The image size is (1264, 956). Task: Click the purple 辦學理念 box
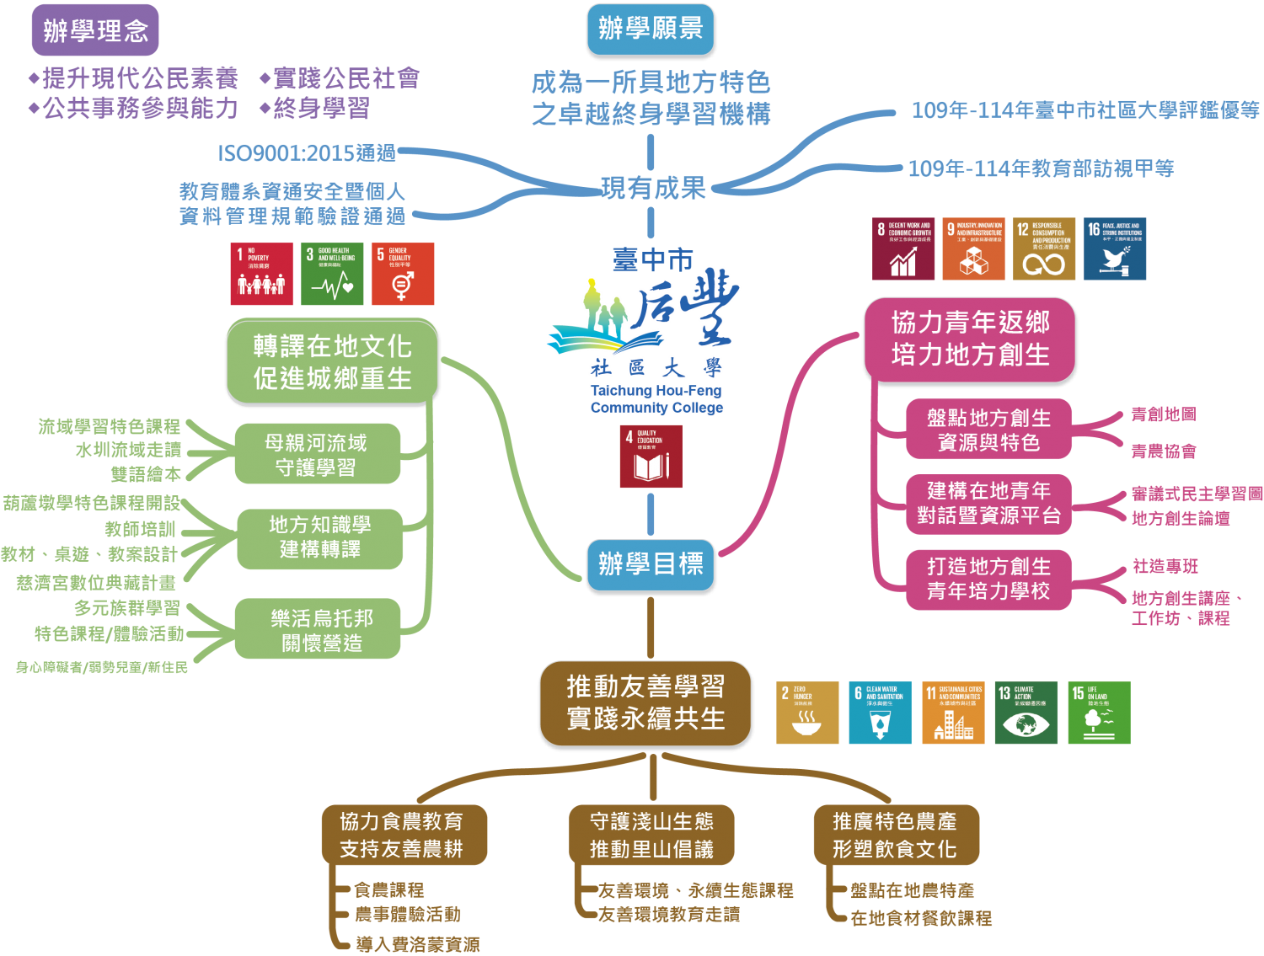[x=95, y=30]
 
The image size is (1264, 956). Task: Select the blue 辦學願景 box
[x=651, y=29]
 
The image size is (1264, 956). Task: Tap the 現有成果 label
[x=653, y=188]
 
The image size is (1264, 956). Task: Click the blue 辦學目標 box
[x=651, y=563]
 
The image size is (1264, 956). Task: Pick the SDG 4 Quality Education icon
[x=651, y=457]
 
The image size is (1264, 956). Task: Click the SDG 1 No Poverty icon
[x=261, y=275]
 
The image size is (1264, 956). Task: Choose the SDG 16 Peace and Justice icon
[x=1115, y=249]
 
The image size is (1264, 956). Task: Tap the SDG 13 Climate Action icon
[x=1026, y=713]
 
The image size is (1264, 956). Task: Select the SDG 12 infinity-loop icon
[x=1044, y=249]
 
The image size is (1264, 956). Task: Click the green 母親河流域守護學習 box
[x=317, y=455]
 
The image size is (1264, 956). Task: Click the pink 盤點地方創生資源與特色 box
[x=988, y=430]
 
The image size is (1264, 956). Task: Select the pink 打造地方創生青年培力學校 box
[x=988, y=579]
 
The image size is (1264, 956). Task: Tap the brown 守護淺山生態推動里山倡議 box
[x=651, y=835]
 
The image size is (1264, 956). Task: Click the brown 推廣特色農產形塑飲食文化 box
[x=895, y=835]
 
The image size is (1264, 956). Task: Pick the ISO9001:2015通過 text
[x=307, y=152]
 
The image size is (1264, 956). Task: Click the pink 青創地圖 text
[x=1163, y=414]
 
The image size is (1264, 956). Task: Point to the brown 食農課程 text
[x=388, y=889]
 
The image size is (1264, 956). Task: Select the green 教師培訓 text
[x=141, y=529]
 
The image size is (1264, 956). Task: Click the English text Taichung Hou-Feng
[x=656, y=391]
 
